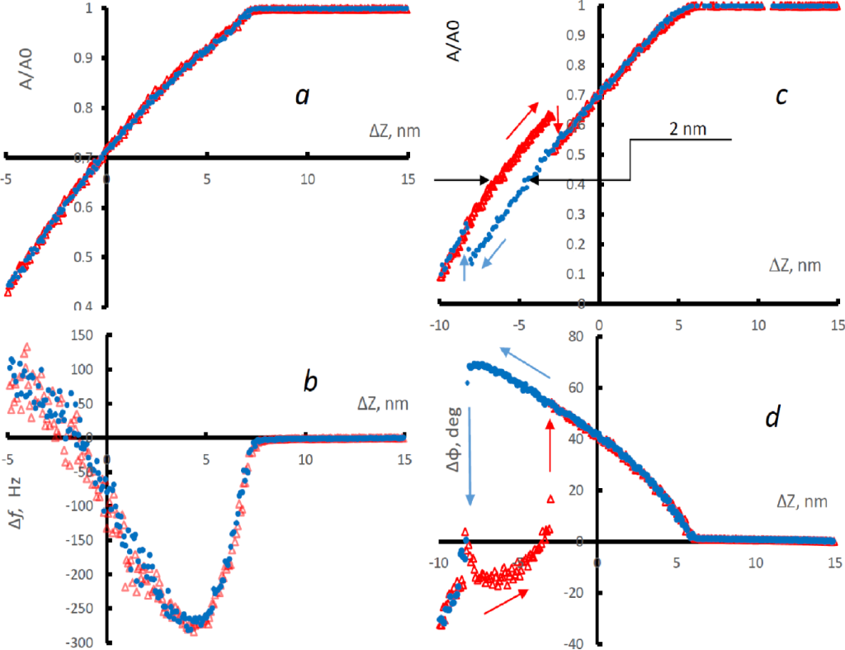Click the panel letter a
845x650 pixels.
[303, 97]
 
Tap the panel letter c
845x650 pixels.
[781, 97]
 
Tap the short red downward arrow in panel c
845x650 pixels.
[559, 119]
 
